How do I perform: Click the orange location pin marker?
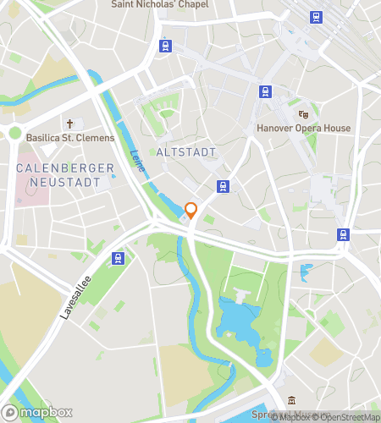pyautogui.click(x=191, y=211)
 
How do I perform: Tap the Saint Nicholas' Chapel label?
pyautogui.click(x=161, y=4)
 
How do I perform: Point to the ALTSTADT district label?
pyautogui.click(x=186, y=152)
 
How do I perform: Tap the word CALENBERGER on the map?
pyautogui.click(x=64, y=168)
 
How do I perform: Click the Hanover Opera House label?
pyautogui.click(x=303, y=129)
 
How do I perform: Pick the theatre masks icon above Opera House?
pyautogui.click(x=303, y=114)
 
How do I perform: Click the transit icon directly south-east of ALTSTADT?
pyautogui.click(x=223, y=187)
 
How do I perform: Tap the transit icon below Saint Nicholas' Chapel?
pyautogui.click(x=163, y=47)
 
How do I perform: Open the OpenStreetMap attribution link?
pyautogui.click(x=345, y=415)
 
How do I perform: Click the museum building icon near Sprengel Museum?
pyautogui.click(x=290, y=400)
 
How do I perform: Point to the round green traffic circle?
pyautogui.click(x=14, y=132)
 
